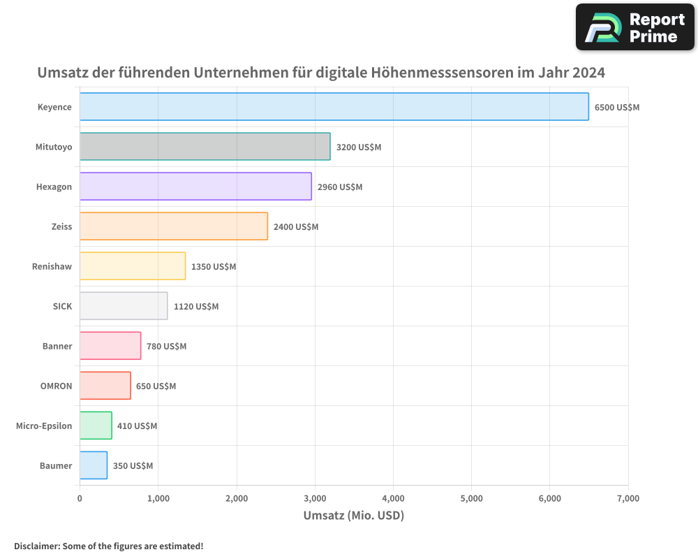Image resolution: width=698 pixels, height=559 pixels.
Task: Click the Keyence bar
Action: point(334,107)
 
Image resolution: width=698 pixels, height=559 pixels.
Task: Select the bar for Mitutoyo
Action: point(205,147)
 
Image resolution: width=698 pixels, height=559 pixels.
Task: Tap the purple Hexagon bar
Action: point(195,187)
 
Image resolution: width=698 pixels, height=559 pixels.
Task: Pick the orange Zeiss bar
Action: point(173,226)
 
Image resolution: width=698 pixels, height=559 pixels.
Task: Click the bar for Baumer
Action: point(94,465)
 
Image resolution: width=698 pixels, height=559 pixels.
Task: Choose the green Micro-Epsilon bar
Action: point(96,426)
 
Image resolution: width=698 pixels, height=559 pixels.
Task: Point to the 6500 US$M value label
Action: point(617,108)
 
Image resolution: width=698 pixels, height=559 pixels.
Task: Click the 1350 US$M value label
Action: point(214,267)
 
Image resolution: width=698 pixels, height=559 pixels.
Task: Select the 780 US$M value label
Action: point(166,347)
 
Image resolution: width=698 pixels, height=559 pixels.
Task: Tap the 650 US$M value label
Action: point(156,386)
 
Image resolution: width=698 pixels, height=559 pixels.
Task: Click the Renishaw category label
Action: point(52,266)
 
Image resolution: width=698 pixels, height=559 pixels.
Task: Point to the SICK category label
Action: point(62,306)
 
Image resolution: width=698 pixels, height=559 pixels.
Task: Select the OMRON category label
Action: point(56,386)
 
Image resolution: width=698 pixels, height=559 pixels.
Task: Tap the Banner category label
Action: point(57,346)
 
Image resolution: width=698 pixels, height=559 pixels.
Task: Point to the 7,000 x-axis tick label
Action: point(628,498)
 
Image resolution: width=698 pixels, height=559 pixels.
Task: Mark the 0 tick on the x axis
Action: point(80,498)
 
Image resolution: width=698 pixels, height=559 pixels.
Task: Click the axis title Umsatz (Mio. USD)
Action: point(354,516)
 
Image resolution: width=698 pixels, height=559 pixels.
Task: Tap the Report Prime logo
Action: point(635,27)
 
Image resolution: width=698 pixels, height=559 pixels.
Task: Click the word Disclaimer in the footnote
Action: point(36,546)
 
